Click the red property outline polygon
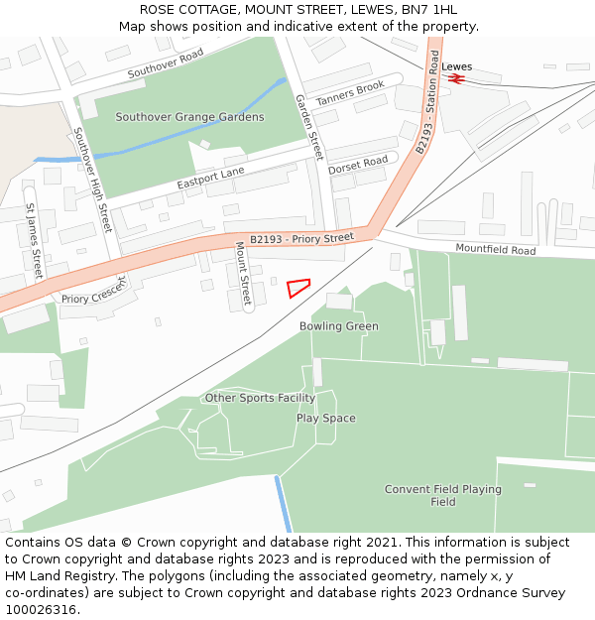tap(297, 288)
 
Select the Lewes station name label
tap(457, 67)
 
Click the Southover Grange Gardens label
tap(189, 117)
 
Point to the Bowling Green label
tap(339, 326)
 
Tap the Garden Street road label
tap(310, 127)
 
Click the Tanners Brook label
tap(350, 94)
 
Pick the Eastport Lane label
tap(210, 180)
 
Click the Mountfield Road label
tap(495, 249)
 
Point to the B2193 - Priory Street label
tap(301, 239)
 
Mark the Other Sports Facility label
tap(260, 398)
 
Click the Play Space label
tap(325, 419)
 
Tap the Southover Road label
tap(165, 63)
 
